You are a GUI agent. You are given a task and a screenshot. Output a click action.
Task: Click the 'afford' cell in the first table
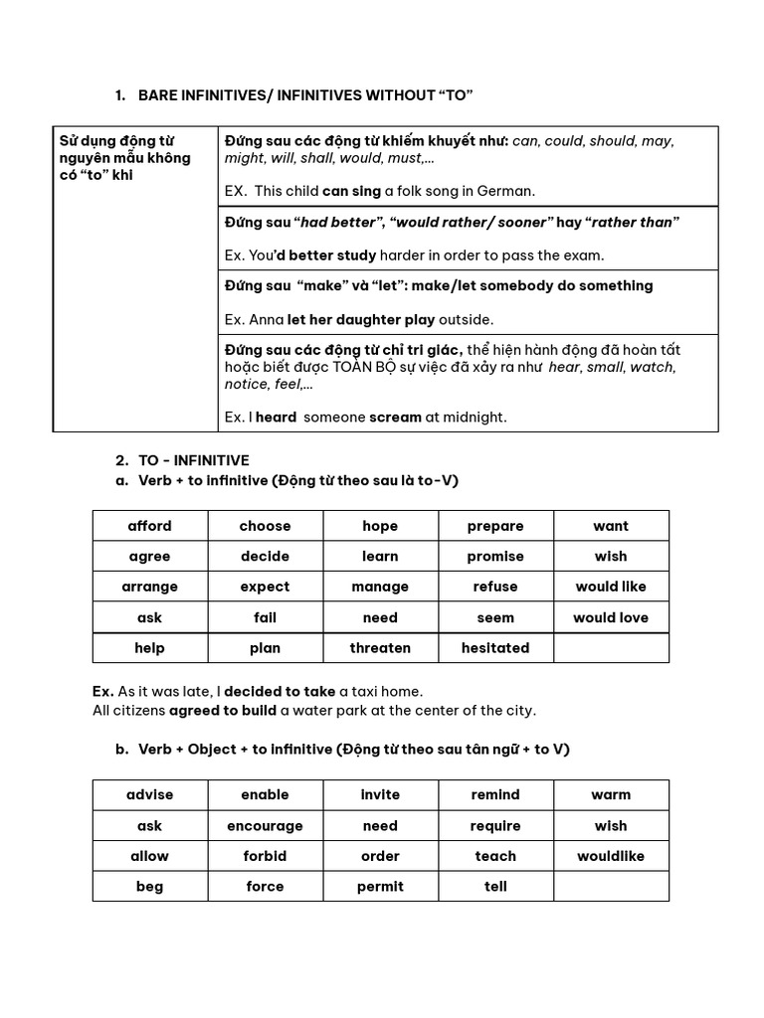[x=150, y=526]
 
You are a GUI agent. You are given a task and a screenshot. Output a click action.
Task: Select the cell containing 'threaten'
[x=380, y=648]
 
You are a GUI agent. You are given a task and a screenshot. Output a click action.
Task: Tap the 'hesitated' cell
[x=495, y=648]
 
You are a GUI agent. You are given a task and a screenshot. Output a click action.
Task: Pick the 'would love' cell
[x=611, y=617]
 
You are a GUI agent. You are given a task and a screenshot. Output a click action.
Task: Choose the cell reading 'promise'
[x=495, y=557]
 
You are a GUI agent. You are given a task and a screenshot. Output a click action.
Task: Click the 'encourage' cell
[x=265, y=826]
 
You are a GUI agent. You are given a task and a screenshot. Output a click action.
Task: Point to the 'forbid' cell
[x=265, y=856]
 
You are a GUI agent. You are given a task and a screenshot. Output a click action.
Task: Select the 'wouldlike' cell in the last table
[x=611, y=856]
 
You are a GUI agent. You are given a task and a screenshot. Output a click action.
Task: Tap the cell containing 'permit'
[x=380, y=887]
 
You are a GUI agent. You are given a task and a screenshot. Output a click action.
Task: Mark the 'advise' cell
[x=150, y=795]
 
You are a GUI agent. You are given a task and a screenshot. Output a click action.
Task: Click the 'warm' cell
[x=611, y=795]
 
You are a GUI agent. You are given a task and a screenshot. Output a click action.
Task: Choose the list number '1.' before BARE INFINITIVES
[x=120, y=95]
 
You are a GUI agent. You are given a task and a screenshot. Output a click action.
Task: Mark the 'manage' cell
[x=380, y=588]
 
